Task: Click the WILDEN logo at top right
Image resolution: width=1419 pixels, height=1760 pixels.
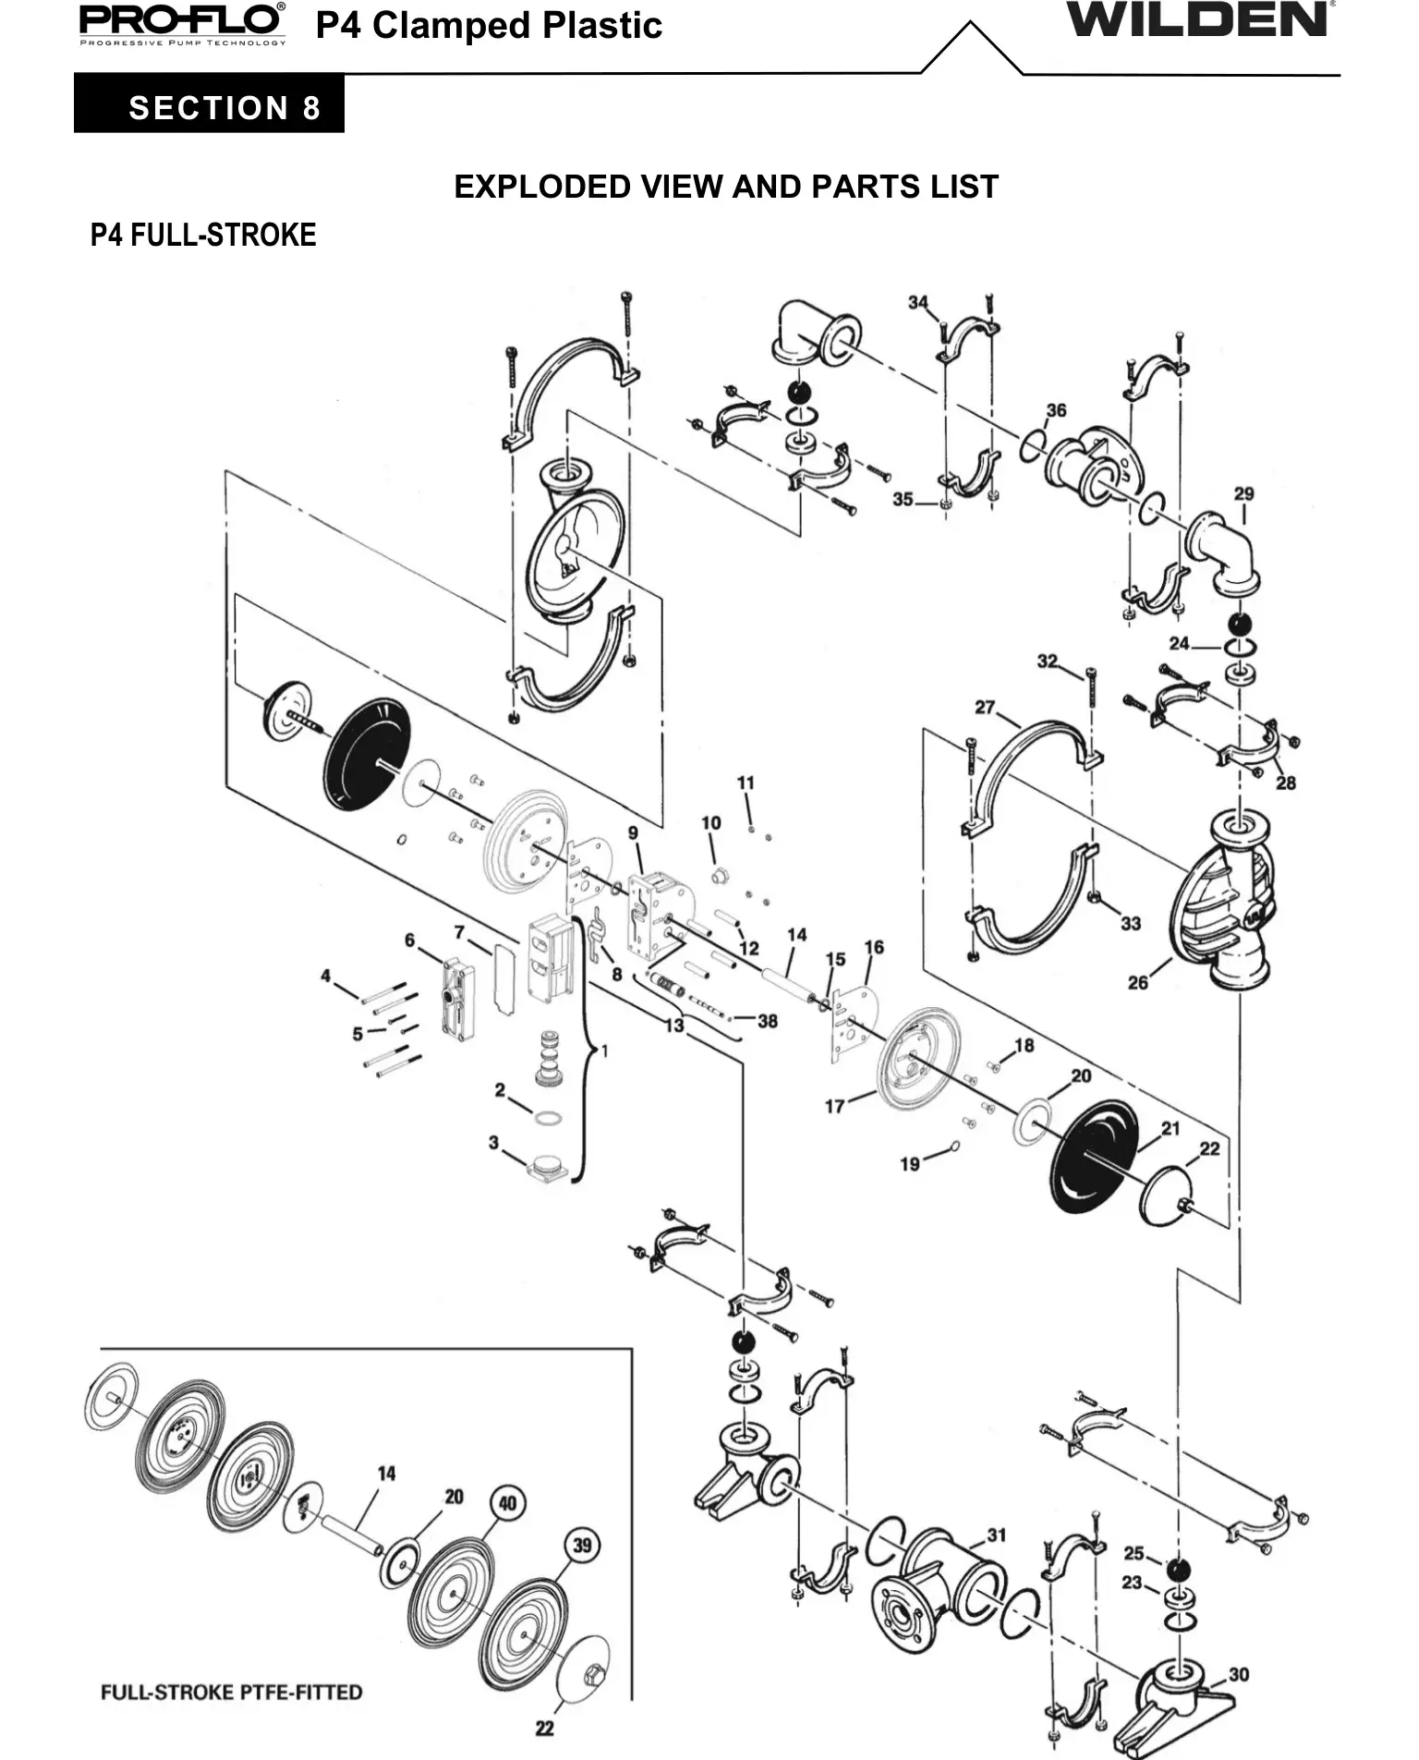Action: click(x=1199, y=19)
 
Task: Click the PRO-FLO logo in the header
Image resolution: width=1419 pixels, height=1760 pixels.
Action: click(x=182, y=23)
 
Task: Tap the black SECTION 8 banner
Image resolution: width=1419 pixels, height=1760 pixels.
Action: click(x=209, y=103)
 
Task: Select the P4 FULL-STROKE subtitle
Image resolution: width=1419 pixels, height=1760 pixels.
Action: click(x=203, y=236)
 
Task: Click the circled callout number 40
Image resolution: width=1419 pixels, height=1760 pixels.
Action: click(x=507, y=1503)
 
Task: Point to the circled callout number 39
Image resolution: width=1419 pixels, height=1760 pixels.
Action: click(x=582, y=1546)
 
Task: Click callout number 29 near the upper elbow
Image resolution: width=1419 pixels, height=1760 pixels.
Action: click(x=1244, y=493)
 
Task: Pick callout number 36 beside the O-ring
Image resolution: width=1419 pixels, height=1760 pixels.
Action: click(x=1056, y=410)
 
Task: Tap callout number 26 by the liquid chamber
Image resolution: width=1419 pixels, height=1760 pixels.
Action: click(x=1138, y=983)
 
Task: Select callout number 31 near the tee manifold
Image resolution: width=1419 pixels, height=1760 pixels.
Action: click(x=996, y=1535)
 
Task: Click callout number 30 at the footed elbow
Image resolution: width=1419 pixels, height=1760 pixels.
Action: click(x=1239, y=1674)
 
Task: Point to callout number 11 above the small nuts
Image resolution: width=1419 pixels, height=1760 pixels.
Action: click(x=746, y=783)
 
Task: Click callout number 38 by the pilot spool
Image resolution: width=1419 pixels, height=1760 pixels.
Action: click(x=768, y=1021)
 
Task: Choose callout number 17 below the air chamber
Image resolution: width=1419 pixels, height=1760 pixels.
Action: click(x=835, y=1106)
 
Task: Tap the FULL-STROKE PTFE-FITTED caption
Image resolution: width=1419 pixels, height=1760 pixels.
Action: click(x=231, y=1693)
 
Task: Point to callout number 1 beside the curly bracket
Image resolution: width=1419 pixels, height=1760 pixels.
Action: click(x=604, y=1051)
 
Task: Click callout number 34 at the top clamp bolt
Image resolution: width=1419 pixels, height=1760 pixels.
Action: click(x=918, y=302)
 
